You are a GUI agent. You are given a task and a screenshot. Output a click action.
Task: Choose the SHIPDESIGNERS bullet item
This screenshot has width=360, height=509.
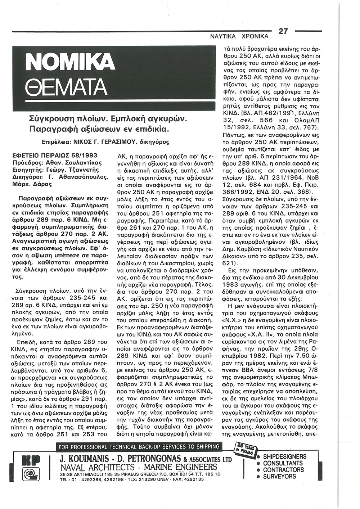pos(284,457)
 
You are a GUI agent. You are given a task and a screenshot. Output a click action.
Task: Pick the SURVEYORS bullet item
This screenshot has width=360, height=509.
pos(279,476)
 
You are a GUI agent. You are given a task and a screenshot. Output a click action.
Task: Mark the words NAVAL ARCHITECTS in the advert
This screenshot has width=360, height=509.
pos(94,467)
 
